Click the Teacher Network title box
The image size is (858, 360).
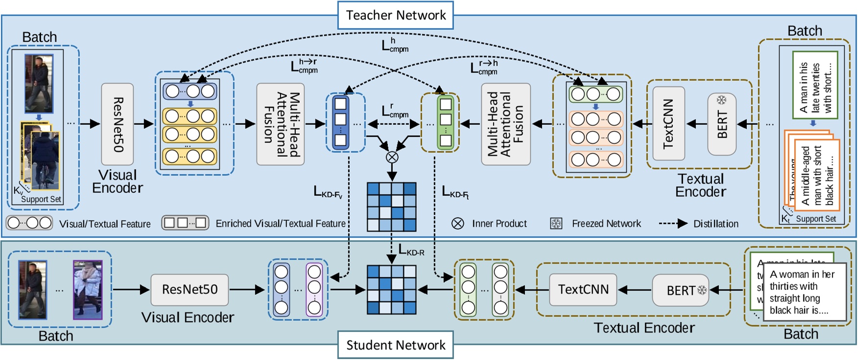tap(395, 15)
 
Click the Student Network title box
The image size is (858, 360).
tap(395, 345)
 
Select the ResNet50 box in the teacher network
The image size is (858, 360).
tap(118, 124)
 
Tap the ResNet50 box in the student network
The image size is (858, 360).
tap(190, 289)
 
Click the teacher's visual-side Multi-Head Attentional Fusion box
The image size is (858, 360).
tap(281, 124)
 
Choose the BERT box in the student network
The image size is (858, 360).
tap(681, 290)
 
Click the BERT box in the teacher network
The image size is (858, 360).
tap(722, 124)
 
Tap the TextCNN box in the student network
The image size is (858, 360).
tap(583, 289)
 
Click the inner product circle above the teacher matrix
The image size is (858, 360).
tap(392, 157)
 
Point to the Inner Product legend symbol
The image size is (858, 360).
tap(457, 224)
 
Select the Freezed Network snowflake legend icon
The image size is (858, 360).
tap(556, 224)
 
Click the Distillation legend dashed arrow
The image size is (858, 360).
tap(673, 224)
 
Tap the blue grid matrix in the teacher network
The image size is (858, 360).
tap(392, 207)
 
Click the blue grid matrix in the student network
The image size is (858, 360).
tap(392, 289)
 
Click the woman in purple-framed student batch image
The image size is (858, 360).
tap(88, 289)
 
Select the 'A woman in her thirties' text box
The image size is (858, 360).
tap(804, 292)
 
